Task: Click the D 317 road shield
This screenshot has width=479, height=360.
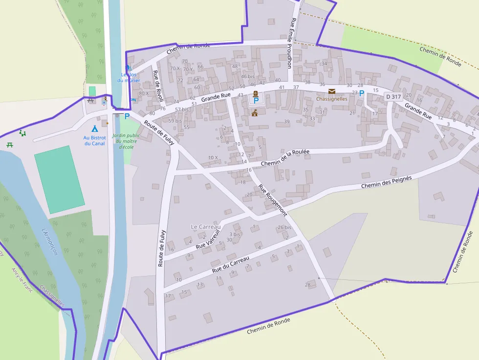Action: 393,97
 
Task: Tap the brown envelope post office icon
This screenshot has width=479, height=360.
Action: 332,91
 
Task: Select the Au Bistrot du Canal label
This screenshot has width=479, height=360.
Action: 94,141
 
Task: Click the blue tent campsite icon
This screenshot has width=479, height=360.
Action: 95,129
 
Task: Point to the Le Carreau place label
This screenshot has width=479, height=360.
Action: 206,227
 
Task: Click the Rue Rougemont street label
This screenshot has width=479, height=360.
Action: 272,200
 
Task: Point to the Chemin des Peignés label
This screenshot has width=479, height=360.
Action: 386,182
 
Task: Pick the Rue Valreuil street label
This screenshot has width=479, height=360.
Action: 209,239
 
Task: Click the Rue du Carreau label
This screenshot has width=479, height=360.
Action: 231,264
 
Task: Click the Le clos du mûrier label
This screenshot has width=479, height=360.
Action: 129,77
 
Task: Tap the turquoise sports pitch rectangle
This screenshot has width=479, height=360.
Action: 59,179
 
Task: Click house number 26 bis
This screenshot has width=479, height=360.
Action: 284,228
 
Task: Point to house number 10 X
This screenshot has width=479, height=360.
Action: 213,157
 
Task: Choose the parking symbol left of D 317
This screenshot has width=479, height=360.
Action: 362,93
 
